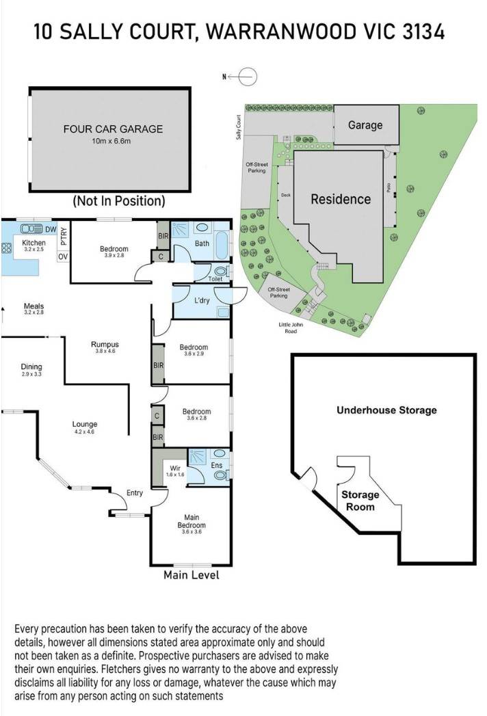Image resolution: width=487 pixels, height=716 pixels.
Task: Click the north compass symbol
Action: tap(248, 76)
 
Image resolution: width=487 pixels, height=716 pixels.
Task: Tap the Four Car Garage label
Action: tap(113, 129)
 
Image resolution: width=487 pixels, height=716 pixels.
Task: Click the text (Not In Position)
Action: tap(119, 201)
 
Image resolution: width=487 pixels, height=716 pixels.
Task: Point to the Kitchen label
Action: tap(34, 243)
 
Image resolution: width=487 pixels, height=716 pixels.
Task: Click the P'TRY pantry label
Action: tap(63, 235)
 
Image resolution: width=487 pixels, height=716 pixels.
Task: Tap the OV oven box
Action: tap(62, 256)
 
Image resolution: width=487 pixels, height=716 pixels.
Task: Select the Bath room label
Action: tap(202, 243)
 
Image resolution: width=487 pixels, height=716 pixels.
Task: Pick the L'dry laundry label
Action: tap(202, 300)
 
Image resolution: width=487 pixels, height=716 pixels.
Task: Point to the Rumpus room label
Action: tap(105, 345)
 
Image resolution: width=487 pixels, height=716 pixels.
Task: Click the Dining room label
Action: tap(31, 367)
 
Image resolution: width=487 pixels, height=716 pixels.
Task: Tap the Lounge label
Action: tap(85, 425)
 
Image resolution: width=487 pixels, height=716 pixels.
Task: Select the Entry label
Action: tap(135, 492)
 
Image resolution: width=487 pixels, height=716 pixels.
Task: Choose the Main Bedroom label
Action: tap(192, 521)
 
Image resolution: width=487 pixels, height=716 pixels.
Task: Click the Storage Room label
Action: tap(360, 501)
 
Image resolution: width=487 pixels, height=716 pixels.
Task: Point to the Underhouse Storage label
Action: tap(386, 410)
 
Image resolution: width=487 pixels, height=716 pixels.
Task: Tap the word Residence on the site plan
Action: tap(341, 200)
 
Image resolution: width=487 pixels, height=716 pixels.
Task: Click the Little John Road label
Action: tap(296, 328)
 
